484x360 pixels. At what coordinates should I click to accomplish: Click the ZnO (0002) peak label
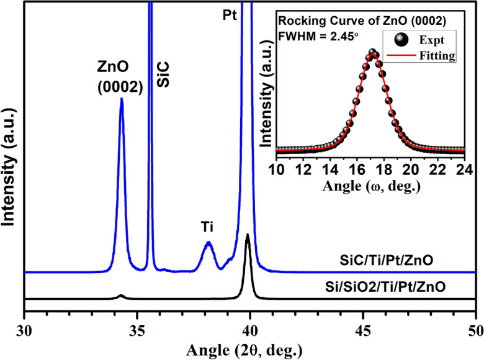[120, 75]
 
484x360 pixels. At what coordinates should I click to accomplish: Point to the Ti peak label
[207, 228]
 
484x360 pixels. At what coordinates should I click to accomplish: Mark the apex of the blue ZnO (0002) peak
[122, 98]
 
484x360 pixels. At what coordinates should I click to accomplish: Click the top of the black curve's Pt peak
[248, 235]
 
